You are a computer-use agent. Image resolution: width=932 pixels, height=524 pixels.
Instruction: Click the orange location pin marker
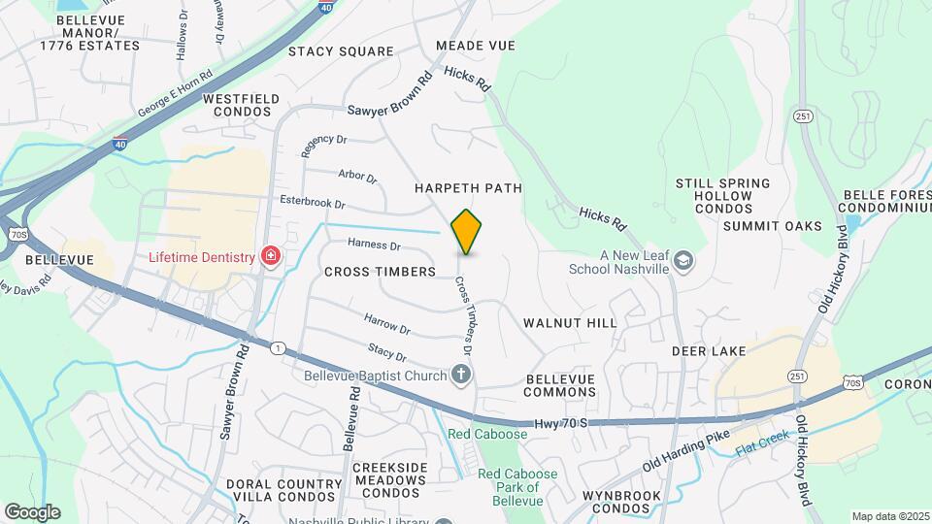click(467, 232)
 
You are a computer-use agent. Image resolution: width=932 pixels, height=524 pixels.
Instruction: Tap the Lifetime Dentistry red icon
click(272, 257)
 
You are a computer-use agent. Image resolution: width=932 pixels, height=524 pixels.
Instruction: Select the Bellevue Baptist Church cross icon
click(461, 375)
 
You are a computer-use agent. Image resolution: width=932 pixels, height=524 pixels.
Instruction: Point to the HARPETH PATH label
click(468, 188)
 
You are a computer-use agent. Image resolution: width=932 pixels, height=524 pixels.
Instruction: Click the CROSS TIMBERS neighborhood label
click(380, 272)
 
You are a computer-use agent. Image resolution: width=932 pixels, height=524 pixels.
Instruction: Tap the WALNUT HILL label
click(570, 322)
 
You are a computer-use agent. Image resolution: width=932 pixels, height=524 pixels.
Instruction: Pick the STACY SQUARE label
click(341, 51)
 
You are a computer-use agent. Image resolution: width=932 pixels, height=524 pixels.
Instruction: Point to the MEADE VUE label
click(475, 46)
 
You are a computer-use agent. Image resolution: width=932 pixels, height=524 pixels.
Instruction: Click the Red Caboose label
click(487, 434)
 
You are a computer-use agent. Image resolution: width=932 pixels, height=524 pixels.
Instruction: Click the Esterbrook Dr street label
click(312, 202)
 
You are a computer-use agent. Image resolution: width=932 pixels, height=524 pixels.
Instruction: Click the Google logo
click(31, 511)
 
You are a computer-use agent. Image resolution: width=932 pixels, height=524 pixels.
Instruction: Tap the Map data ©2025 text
click(889, 516)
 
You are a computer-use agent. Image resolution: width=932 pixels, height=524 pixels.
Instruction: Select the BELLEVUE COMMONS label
click(560, 385)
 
